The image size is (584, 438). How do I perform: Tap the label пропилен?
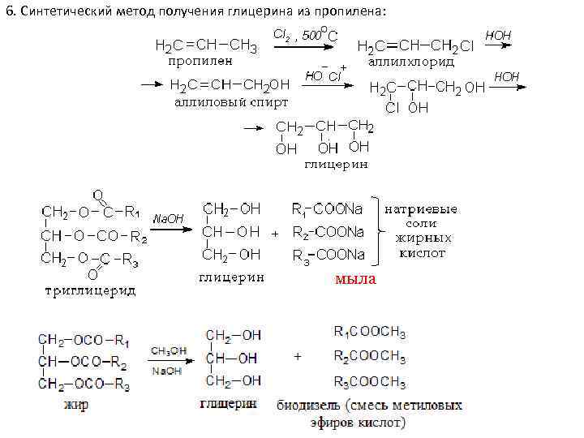click(x=200, y=60)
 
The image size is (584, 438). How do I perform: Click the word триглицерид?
click(x=89, y=290)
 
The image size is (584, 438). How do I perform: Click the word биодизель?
click(x=311, y=404)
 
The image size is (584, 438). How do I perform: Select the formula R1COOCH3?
click(x=370, y=333)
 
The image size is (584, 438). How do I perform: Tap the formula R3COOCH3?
click(x=370, y=381)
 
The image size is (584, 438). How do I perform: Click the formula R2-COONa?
click(x=328, y=232)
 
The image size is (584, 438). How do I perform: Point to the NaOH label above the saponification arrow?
click(x=168, y=219)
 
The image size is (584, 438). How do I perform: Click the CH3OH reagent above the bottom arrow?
click(x=168, y=350)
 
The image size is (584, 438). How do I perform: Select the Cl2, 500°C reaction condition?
click(x=305, y=35)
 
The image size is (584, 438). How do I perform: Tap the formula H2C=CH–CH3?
click(x=206, y=46)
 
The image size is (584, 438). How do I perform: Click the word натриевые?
click(x=420, y=209)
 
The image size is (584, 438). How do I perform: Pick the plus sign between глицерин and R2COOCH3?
click(x=298, y=356)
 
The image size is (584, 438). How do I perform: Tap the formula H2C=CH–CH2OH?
click(x=229, y=86)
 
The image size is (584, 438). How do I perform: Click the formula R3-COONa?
click(x=328, y=255)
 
